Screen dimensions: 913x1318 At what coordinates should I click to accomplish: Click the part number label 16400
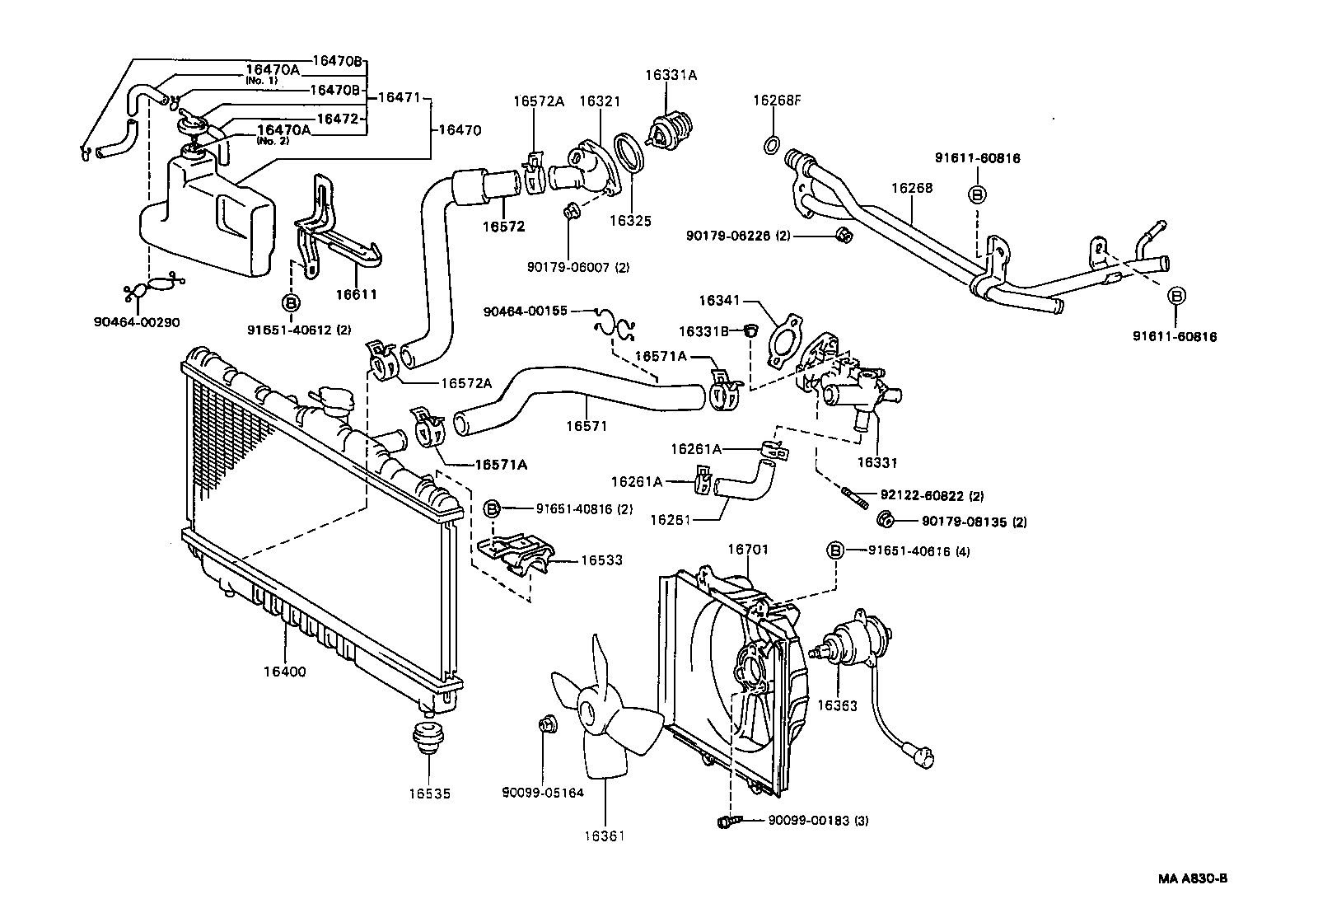click(x=284, y=672)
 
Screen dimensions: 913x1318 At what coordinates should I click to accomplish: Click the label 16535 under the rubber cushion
click(x=429, y=794)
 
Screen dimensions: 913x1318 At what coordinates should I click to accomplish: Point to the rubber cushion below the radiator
click(x=428, y=736)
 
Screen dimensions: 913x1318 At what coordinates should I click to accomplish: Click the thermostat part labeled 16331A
click(x=670, y=129)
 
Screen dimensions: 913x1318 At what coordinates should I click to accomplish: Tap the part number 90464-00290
click(x=137, y=322)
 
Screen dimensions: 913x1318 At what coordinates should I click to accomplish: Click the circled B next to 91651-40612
click(x=291, y=303)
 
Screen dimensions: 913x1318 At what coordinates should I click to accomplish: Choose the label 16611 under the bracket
click(x=356, y=294)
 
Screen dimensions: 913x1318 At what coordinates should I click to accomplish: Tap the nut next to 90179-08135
click(x=886, y=520)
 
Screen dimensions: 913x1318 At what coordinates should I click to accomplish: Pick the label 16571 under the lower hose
click(x=586, y=426)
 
